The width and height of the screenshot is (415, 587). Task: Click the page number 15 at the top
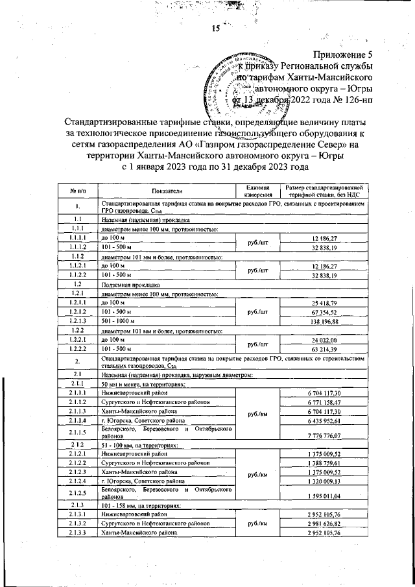pos(216,28)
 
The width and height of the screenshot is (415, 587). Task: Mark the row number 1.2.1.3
pos(77,320)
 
